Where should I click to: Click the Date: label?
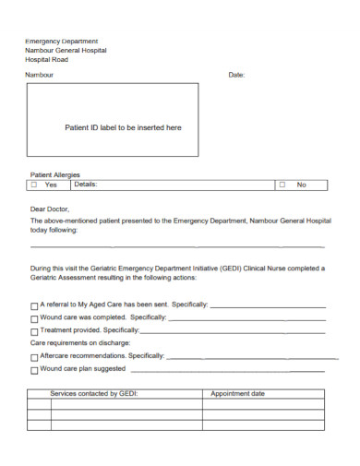point(236,75)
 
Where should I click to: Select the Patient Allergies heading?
point(55,174)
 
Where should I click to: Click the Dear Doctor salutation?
point(51,209)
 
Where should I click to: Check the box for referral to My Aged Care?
point(34,305)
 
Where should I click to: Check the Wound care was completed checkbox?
point(34,318)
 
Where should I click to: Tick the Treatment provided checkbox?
point(34,330)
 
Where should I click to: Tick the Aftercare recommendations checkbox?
point(34,356)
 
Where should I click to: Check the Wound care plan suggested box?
point(34,369)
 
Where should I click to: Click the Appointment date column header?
point(237,393)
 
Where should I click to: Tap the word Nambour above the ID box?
point(40,75)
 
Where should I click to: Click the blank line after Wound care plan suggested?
point(225,369)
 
